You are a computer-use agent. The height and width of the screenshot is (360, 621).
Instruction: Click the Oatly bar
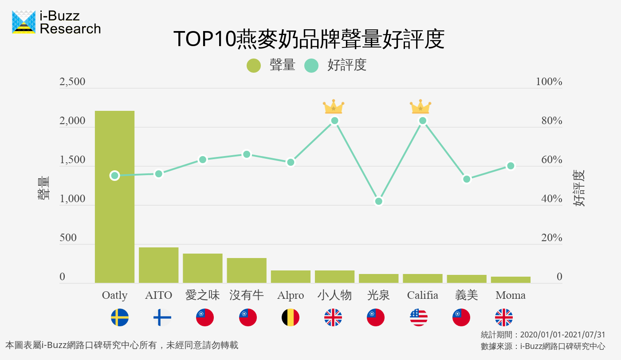tap(114, 197)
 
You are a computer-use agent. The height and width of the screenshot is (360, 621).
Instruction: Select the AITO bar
tap(158, 265)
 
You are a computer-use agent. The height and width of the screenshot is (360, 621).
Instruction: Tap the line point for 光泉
tap(378, 201)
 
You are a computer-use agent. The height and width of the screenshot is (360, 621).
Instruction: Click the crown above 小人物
tap(334, 107)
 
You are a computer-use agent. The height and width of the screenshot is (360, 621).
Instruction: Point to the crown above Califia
tap(420, 107)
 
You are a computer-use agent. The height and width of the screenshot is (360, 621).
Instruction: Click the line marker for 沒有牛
tap(247, 154)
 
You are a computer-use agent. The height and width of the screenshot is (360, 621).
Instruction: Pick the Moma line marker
tap(511, 166)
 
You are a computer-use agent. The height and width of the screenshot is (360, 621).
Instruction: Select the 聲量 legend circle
tap(254, 66)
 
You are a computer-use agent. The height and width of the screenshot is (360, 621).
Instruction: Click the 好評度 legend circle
tap(311, 66)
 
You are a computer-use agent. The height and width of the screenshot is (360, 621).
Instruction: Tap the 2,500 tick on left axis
tap(72, 82)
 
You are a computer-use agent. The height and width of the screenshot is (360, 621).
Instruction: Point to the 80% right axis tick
tap(552, 121)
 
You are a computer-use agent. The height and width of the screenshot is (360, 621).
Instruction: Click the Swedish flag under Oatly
tap(120, 317)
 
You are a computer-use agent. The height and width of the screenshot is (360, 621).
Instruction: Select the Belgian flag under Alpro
tap(291, 317)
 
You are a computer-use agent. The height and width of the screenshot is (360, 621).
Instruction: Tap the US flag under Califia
tap(419, 317)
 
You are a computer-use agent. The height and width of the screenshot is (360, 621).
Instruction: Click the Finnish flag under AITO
tap(162, 317)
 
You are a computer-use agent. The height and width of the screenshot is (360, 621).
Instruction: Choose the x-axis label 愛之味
tap(202, 295)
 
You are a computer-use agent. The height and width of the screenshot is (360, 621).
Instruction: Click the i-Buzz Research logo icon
tap(24, 22)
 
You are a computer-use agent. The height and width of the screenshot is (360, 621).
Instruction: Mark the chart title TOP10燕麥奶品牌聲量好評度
tap(308, 39)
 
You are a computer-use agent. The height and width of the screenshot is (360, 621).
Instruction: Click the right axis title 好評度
tap(579, 188)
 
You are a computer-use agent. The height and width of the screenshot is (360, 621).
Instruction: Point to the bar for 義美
tap(467, 279)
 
